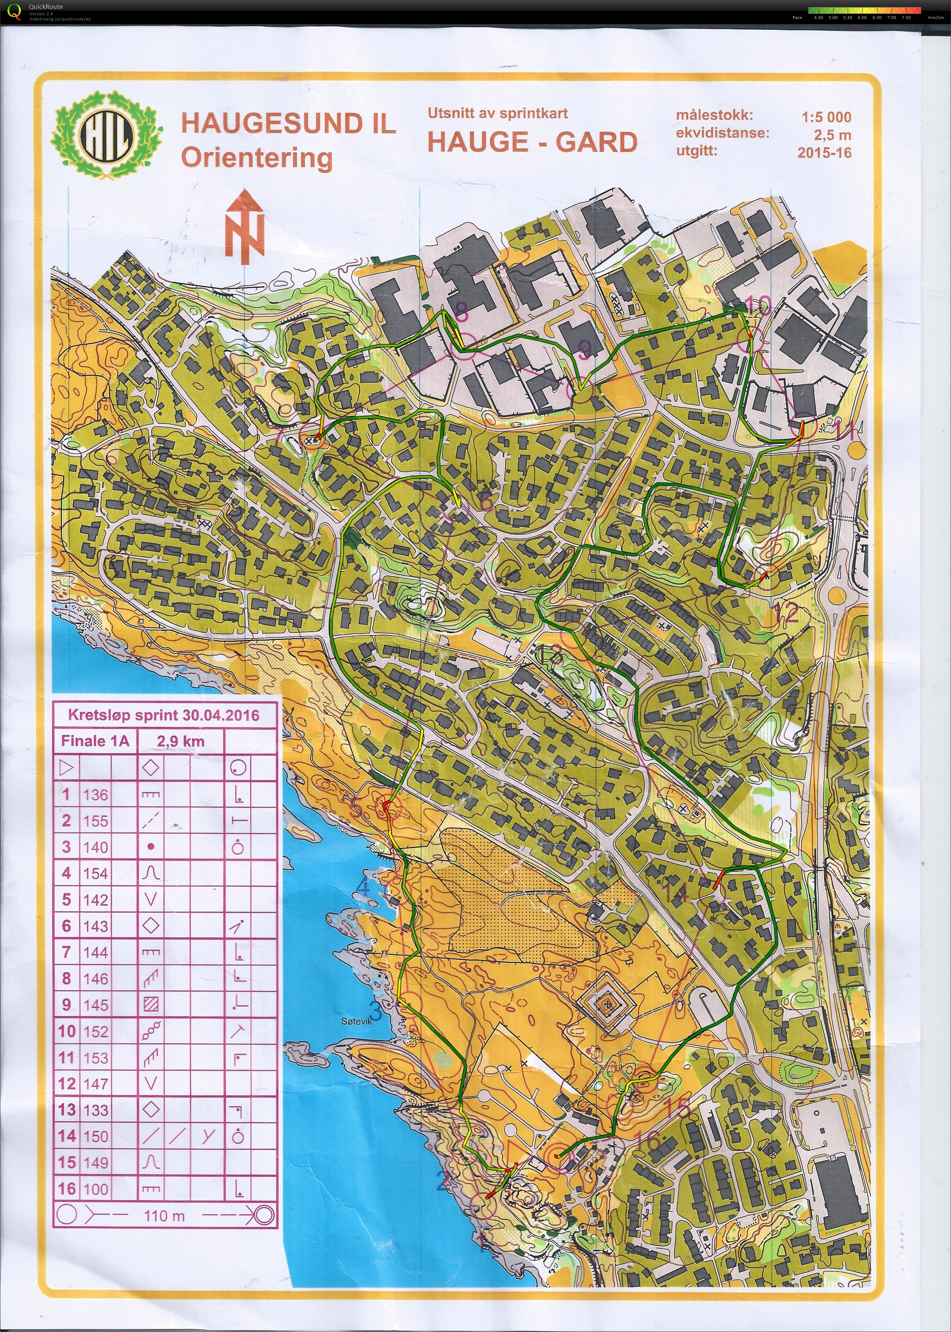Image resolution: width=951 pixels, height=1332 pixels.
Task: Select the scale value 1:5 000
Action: (826, 117)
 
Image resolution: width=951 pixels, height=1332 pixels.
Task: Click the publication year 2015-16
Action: (824, 153)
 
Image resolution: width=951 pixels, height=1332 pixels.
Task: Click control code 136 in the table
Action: (95, 795)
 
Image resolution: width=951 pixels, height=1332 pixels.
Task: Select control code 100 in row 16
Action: (95, 1189)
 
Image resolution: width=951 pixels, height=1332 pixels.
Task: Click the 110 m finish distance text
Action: (164, 1215)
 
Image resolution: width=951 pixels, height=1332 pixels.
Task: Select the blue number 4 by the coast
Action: (363, 887)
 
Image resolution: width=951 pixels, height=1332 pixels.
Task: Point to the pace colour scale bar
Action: (864, 10)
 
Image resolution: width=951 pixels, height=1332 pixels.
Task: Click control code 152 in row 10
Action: (95, 1031)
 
